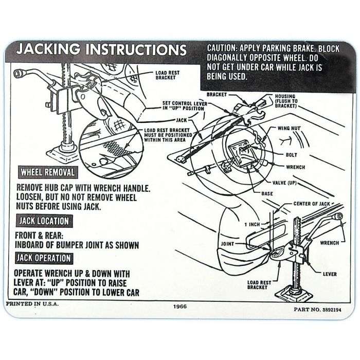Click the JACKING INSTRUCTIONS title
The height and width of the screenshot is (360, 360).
tap(101, 50)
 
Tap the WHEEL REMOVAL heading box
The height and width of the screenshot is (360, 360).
tap(47, 172)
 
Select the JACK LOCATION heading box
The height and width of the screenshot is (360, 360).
tap(44, 221)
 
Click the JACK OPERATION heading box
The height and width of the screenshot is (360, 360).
tap(44, 258)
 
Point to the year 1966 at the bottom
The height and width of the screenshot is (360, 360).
tap(180, 307)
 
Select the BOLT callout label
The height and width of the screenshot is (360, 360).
tap(291, 154)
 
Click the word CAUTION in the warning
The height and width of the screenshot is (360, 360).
tap(223, 48)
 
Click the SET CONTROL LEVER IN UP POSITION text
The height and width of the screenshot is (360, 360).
tap(183, 105)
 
